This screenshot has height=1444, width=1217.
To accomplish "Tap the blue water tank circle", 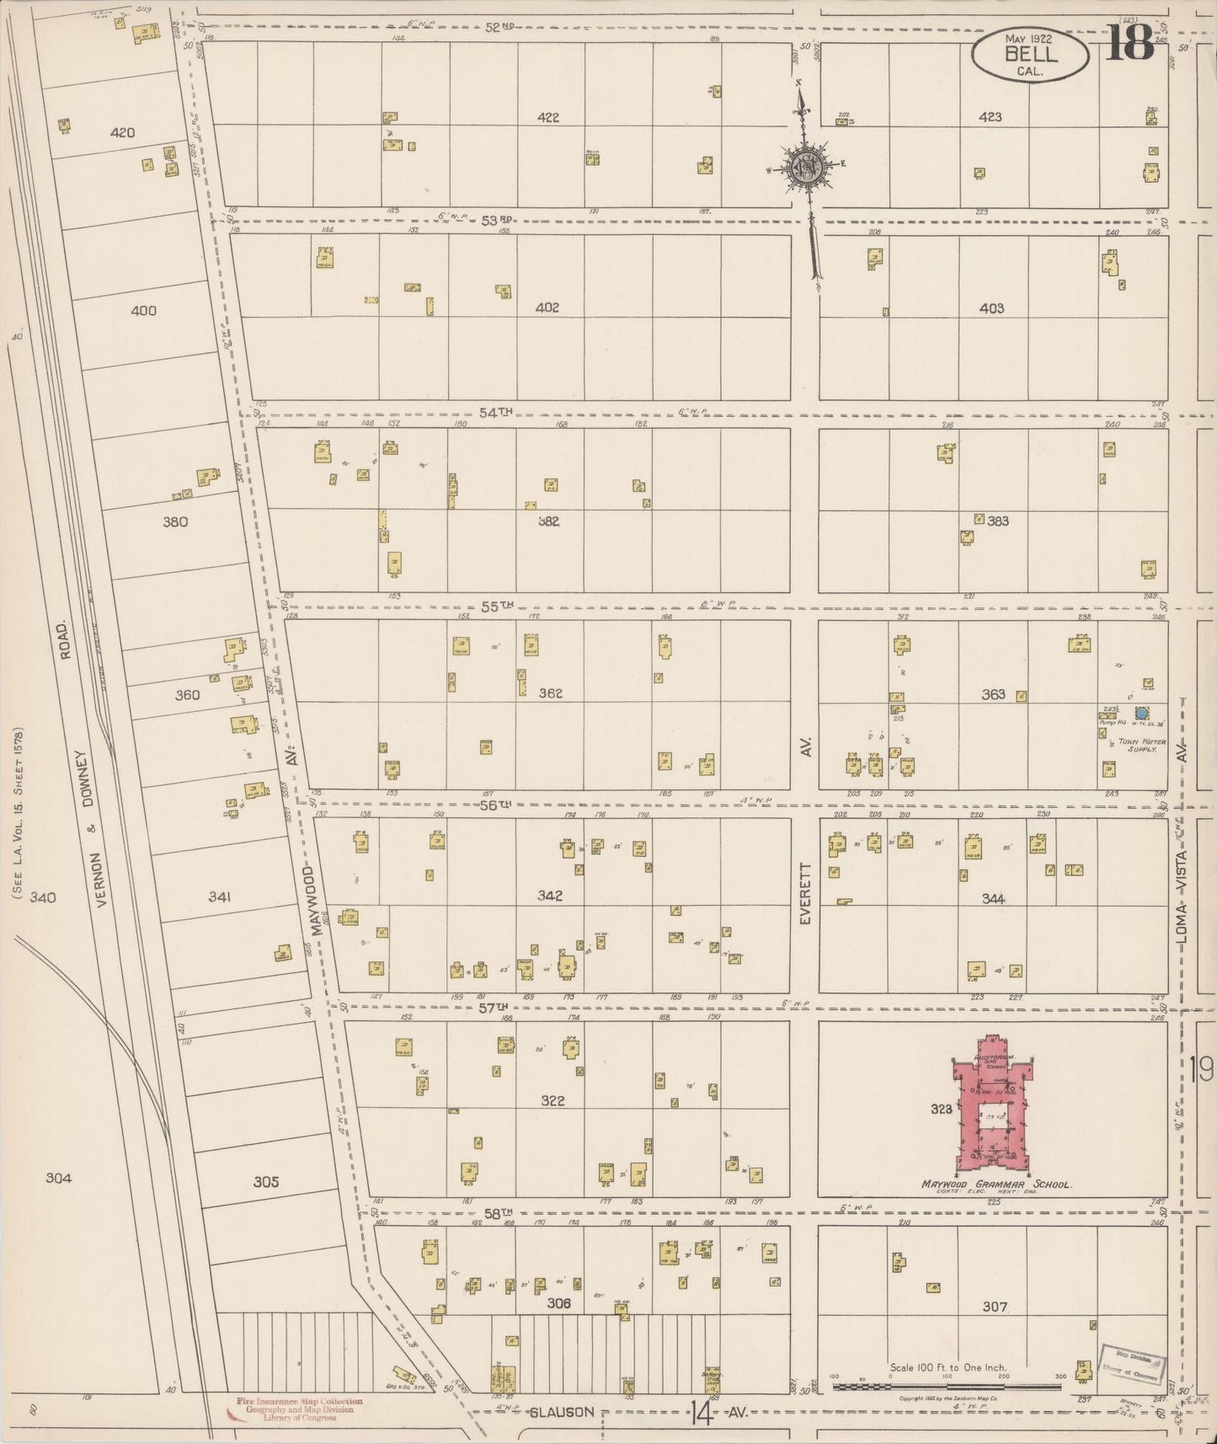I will (1142, 713).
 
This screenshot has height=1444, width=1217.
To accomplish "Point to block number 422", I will (548, 118).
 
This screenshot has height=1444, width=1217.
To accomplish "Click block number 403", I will (991, 308).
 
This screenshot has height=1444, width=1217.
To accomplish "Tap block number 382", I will (548, 521).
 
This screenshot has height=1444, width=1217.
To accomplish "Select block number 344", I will (993, 899).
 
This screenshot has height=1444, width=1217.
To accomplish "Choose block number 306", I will (558, 1302).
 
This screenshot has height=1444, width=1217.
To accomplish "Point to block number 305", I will (265, 1182).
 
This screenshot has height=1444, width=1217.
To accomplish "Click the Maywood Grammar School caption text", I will (995, 1184).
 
